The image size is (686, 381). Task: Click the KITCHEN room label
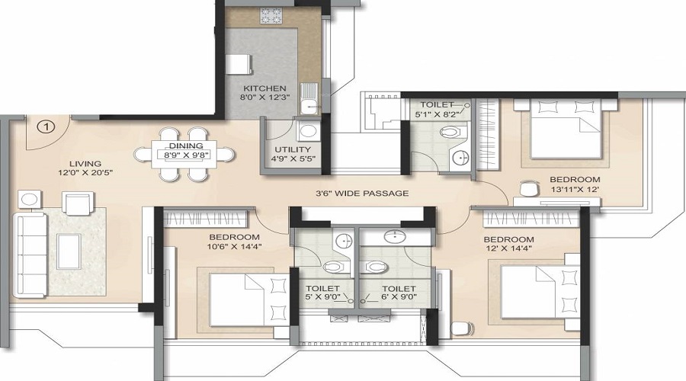click(250, 88)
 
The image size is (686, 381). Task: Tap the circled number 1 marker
click(46, 125)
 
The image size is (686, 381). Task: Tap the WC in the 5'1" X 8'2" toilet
click(450, 133)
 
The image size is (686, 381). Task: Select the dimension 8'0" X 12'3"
click(250, 98)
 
